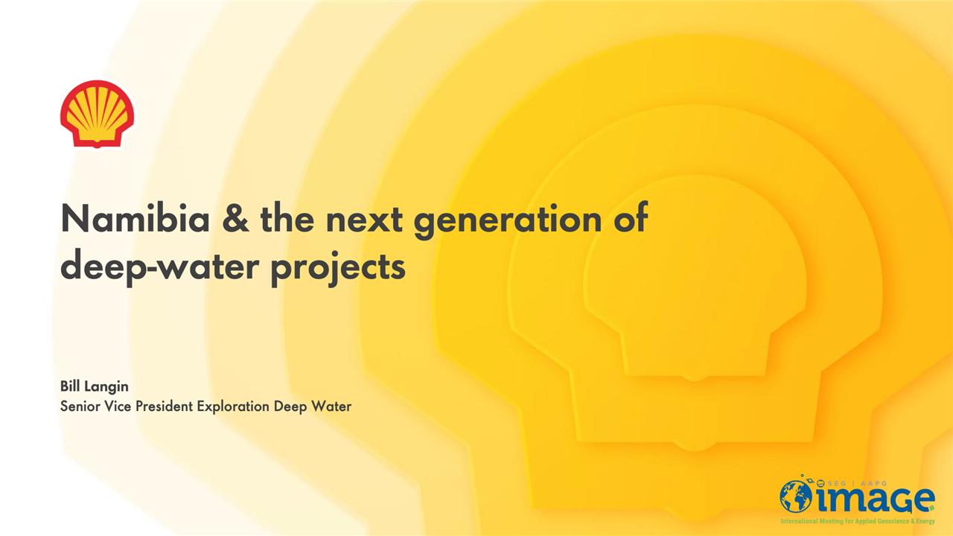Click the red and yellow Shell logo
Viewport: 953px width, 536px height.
click(x=97, y=114)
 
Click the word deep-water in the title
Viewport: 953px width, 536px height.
click(x=160, y=267)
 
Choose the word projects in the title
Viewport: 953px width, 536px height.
click(x=338, y=268)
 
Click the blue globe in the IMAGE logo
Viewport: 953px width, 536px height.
click(x=796, y=497)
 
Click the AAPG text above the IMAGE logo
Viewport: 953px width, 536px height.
click(x=873, y=483)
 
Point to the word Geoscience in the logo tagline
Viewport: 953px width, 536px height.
click(x=893, y=522)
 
